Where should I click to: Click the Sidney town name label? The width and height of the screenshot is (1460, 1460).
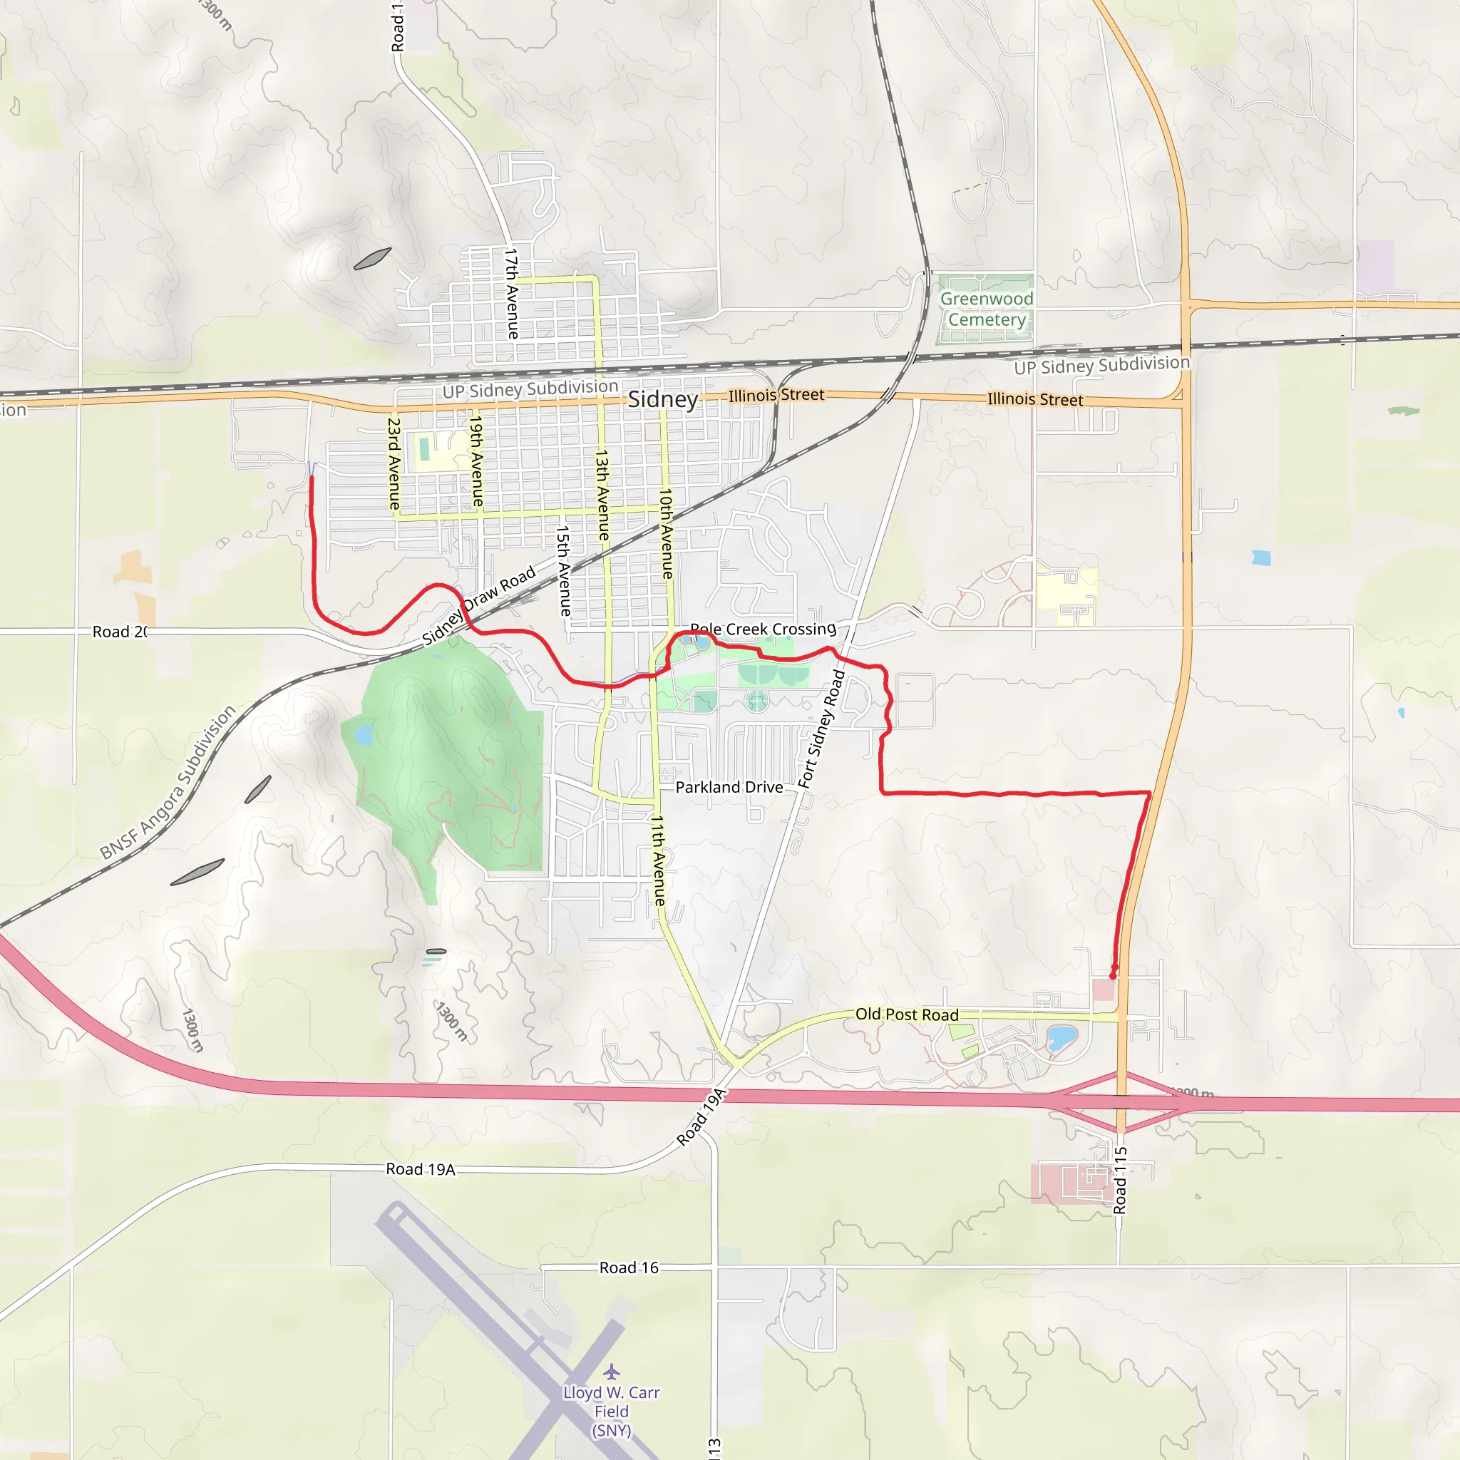(x=663, y=399)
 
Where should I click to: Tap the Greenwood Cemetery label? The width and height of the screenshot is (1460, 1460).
(x=986, y=309)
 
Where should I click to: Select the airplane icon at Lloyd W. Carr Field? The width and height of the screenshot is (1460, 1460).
(x=612, y=1371)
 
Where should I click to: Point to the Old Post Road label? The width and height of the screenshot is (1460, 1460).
(x=906, y=1014)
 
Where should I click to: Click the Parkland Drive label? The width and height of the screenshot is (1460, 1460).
(x=729, y=788)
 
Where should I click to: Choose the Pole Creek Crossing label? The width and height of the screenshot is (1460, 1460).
(x=763, y=629)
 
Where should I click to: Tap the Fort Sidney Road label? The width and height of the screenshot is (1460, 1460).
(x=821, y=729)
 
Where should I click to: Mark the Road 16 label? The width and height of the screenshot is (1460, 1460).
(x=629, y=1268)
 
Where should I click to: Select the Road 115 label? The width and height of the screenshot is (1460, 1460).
(x=1120, y=1181)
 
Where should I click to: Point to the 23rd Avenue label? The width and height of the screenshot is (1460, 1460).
(x=394, y=463)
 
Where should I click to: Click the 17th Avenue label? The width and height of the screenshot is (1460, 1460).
(x=512, y=293)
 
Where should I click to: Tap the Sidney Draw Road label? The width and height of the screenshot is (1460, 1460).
(x=478, y=606)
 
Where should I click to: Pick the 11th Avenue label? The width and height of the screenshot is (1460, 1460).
(x=658, y=860)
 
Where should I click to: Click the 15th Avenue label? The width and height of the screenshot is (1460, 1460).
(x=563, y=570)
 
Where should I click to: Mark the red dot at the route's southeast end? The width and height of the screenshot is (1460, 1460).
(x=1112, y=976)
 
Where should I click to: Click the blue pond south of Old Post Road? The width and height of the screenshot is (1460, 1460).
(x=1061, y=1037)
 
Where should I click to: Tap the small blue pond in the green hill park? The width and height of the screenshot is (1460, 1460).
(x=364, y=734)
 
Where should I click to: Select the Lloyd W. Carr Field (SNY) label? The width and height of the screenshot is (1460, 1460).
(x=612, y=1411)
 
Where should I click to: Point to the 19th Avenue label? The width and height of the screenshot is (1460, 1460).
(x=476, y=461)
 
